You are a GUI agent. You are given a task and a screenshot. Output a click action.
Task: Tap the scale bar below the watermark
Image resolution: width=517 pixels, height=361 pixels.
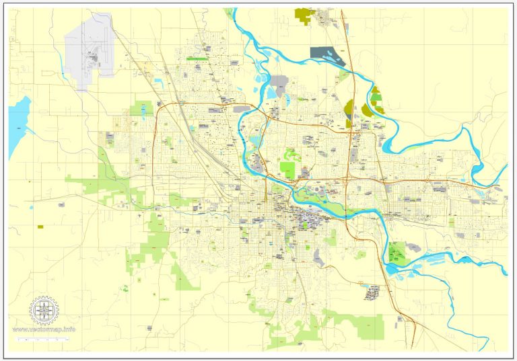pos(44,342)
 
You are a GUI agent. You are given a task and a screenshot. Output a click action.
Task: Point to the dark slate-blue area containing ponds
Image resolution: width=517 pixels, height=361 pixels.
pos(326,54)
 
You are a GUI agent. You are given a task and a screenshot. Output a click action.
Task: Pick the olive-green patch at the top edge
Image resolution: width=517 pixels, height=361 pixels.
pos(305,15)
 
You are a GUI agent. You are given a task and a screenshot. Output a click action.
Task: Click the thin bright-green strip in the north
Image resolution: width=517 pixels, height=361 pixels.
pos(197,59)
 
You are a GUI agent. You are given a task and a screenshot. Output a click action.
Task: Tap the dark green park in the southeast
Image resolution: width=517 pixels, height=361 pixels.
pos(397,253)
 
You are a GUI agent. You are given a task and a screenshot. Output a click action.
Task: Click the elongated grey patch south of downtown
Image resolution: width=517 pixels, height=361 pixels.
pos(372,292)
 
